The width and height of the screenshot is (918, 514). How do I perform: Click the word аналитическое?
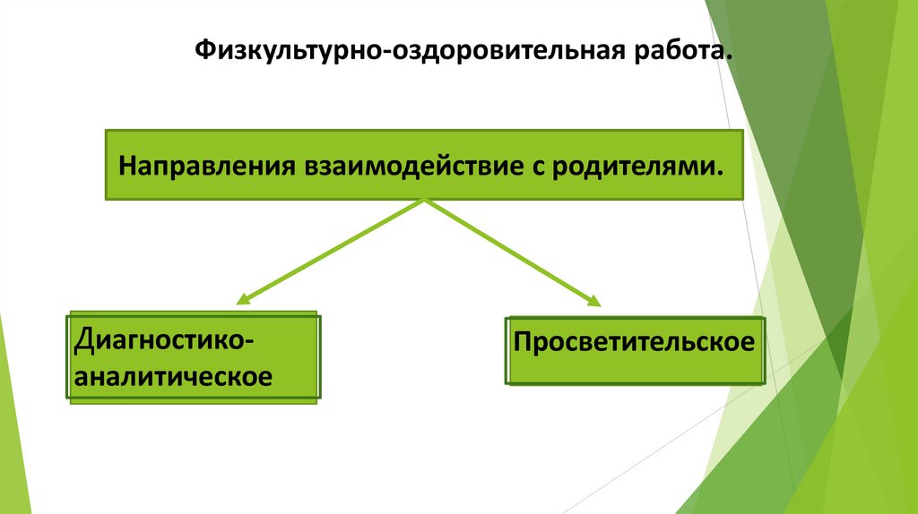tap(173, 375)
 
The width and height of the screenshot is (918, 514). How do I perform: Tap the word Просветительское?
tap(633, 343)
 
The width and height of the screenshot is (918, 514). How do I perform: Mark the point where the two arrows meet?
tap(423, 201)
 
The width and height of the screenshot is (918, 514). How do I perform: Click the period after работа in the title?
tap(727, 59)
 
